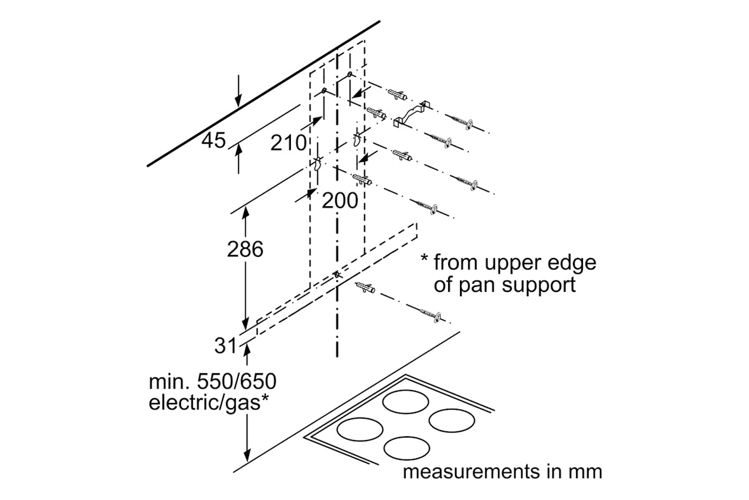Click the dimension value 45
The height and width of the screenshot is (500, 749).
213,141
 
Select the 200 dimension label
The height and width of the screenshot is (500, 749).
340,201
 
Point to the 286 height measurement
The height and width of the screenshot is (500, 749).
245,249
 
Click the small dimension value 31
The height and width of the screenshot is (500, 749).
225,344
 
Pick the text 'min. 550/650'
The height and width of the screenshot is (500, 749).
212,381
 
